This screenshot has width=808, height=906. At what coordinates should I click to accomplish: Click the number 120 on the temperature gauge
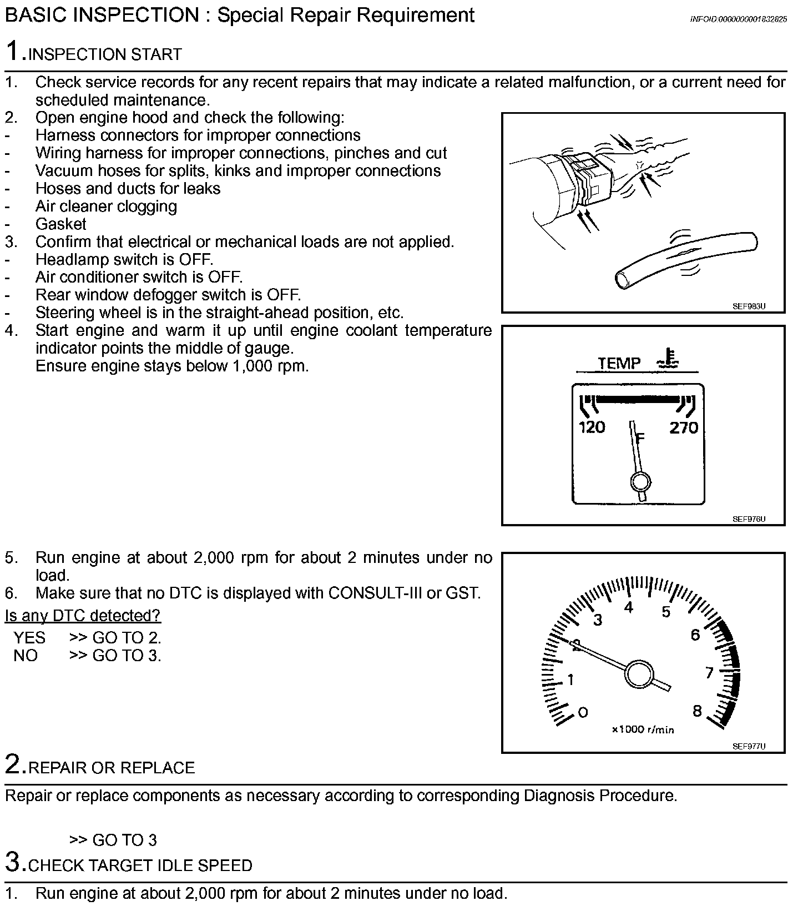pos(592,427)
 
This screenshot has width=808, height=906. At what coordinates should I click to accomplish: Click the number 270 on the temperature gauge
pos(683,427)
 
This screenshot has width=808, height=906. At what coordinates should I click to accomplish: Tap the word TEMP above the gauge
pos(619,364)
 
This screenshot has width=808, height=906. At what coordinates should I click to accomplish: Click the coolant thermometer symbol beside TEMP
pos(669,359)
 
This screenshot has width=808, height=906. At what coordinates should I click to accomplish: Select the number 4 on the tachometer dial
pos(628,608)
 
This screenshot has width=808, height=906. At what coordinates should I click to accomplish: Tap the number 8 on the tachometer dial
pos(697,711)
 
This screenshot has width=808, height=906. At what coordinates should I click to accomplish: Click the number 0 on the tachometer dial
pos(583,712)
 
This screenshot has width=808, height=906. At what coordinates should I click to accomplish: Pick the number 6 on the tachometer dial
pos(695,635)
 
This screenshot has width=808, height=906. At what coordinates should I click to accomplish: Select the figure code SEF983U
pos(749,306)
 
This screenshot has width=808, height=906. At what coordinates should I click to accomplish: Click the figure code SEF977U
pos(749,747)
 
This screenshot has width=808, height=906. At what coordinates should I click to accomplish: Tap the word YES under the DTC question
pos(29,637)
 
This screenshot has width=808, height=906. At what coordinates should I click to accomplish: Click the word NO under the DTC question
pos(26,656)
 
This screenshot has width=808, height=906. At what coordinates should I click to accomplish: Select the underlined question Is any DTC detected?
pos(83,616)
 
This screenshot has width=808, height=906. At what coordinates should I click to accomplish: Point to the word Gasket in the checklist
pos(61,224)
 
